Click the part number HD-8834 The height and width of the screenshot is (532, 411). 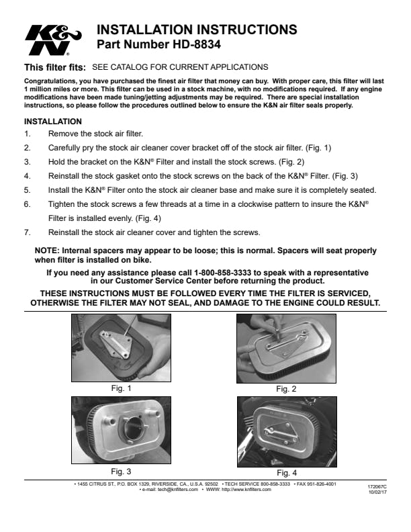click(159, 46)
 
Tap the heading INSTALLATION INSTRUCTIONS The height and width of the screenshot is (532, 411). click(197, 30)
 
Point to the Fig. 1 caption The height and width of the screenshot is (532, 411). click(121, 388)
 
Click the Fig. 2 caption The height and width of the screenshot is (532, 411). click(287, 388)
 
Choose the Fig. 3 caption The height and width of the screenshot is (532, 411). click(121, 471)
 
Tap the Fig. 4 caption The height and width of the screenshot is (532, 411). click(287, 472)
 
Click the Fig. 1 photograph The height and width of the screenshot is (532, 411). click(121, 348)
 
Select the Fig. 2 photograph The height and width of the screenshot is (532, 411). click(286, 348)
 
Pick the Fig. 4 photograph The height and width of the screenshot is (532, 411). click(286, 431)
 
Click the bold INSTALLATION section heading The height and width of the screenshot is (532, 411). click(53, 122)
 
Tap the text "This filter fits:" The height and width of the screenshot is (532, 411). click(55, 68)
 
